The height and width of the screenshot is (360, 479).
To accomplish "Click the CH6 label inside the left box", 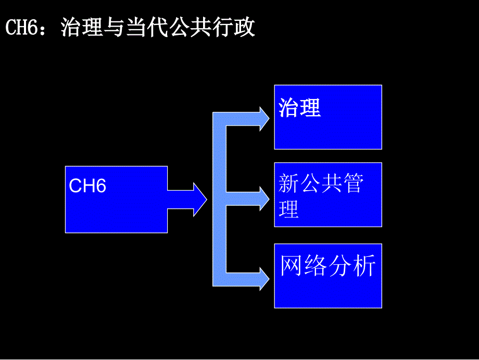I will (87, 186).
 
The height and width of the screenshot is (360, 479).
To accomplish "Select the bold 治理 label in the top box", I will (300, 107).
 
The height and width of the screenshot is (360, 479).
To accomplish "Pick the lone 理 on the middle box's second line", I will (289, 209).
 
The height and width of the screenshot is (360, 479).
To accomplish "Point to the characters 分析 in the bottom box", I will (352, 266).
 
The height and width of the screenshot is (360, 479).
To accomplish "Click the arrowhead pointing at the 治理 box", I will (264, 119).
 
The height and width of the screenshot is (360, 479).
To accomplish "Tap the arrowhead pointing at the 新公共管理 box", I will (264, 198).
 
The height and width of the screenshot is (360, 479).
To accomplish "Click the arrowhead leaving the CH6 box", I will (200, 198).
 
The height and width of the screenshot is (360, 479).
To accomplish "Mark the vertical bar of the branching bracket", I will (219, 198).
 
